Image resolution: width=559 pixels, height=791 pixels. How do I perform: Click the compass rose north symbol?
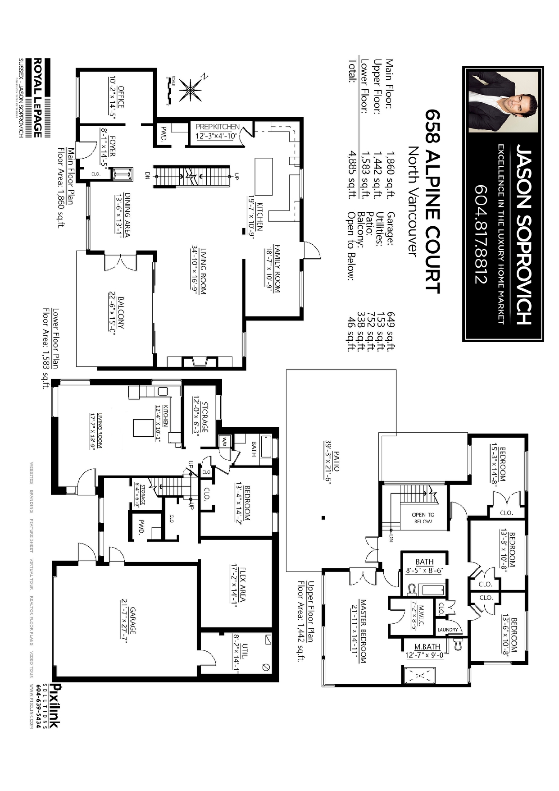(x=191, y=89)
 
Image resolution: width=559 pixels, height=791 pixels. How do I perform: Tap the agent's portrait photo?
(x=503, y=102)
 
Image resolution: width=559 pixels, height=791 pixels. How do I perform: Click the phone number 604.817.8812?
(x=481, y=234)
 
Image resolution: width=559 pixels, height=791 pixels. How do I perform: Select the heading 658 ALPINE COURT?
(x=432, y=201)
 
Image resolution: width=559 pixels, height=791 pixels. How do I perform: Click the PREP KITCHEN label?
(x=218, y=127)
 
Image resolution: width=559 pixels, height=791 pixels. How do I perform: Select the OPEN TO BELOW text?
(x=423, y=518)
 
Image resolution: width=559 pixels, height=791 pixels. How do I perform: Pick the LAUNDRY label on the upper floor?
(x=447, y=629)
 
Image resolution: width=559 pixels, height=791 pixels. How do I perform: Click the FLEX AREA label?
(x=242, y=584)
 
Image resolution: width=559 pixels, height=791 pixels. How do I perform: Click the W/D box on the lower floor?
(x=223, y=441)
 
